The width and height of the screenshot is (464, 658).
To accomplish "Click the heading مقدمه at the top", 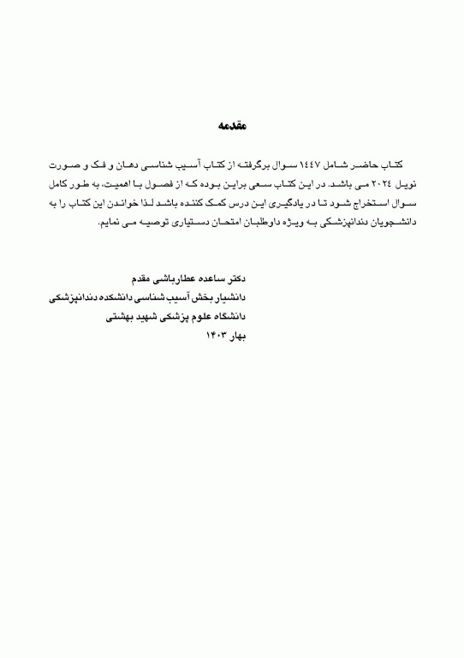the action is (x=231, y=126).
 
